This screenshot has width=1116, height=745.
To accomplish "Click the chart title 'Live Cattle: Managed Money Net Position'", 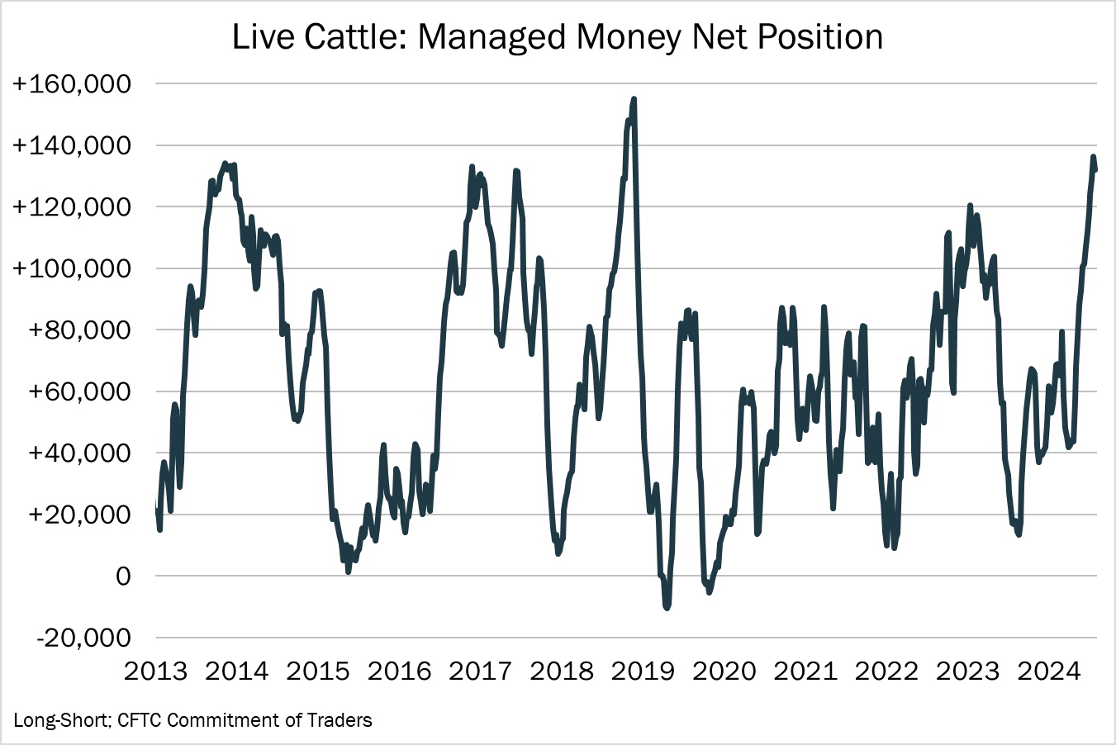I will [x=558, y=38].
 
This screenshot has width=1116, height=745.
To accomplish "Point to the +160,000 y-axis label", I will [x=71, y=84].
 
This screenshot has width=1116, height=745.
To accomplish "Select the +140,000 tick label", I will [x=71, y=145].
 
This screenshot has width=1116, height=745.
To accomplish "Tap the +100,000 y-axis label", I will [x=71, y=268].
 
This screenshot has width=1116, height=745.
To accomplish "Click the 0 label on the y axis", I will [x=122, y=577].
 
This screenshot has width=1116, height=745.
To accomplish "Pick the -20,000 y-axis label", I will [x=82, y=638].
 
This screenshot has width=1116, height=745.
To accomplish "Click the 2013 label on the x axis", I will [x=155, y=671].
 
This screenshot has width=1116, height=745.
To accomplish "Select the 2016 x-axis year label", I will [x=399, y=671].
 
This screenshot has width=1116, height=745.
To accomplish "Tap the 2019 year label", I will [x=643, y=671].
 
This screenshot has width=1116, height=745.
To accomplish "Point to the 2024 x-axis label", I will [x=1048, y=671].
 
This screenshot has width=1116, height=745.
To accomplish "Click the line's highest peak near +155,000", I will [x=634, y=99].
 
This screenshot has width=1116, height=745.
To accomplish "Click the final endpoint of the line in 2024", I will [x=1095, y=170].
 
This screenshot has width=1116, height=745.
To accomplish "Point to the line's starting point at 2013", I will [x=156, y=504].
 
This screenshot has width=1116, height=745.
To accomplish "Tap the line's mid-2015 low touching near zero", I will [x=349, y=571].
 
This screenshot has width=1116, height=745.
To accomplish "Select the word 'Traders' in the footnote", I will [x=339, y=720].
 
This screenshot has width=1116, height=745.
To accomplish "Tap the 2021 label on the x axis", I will [x=805, y=671].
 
